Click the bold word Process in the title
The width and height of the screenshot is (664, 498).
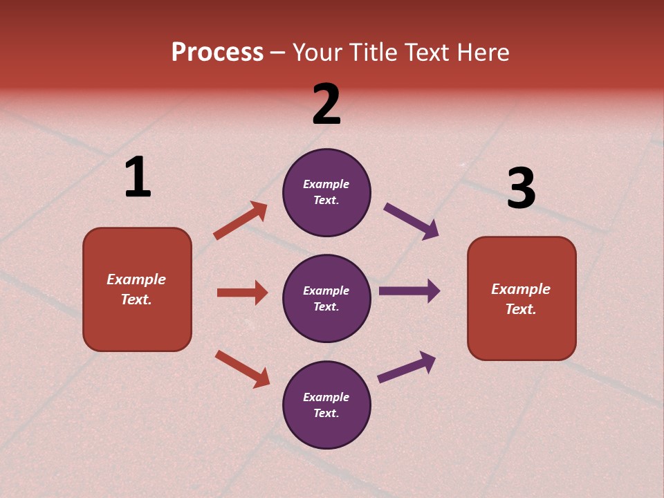pos(217,53)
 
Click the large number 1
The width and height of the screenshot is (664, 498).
pos(138,178)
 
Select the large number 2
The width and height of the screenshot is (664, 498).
pos(326,104)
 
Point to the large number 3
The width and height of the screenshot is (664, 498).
pos(521,189)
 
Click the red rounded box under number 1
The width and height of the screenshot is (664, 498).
pos(137,289)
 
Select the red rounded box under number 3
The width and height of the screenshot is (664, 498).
pos(522,298)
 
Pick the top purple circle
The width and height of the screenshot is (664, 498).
pos(326,192)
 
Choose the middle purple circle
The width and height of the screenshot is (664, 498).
pos(326,298)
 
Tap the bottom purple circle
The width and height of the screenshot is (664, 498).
pos(326,405)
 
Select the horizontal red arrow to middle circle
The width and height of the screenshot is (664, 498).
pos(242,293)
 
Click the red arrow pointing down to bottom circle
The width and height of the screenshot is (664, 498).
pos(242,369)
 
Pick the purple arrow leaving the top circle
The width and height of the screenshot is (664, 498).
pos(411,221)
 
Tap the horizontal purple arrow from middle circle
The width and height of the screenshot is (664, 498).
pos(409,291)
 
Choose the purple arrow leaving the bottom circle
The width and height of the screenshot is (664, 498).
pos(407,367)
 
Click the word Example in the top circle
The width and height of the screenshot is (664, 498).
pos(326,184)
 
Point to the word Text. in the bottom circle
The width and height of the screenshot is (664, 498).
pos(326,413)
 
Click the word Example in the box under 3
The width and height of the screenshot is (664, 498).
pos(521,289)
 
